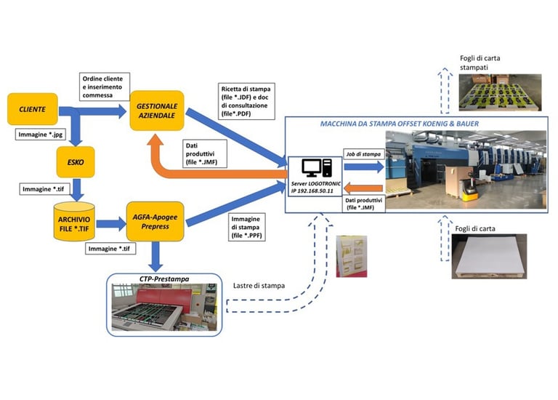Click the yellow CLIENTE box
click(x=33, y=109)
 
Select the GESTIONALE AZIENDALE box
click(x=157, y=111)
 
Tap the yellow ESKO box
click(x=76, y=162)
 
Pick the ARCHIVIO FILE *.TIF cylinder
click(x=74, y=222)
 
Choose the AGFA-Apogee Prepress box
click(x=155, y=222)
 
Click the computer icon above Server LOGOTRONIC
click(x=317, y=168)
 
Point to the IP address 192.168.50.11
click(x=312, y=191)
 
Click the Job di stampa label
click(x=363, y=154)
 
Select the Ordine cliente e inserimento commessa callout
click(x=105, y=87)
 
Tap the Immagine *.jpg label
click(x=41, y=135)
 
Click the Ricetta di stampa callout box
click(x=246, y=101)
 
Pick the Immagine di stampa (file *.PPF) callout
click(x=246, y=227)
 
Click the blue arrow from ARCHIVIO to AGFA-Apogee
click(x=111, y=224)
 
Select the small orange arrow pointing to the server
click(x=364, y=188)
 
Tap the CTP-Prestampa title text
click(x=164, y=279)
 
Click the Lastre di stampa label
click(x=259, y=286)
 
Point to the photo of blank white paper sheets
click(x=489, y=256)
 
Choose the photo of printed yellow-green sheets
click(x=500, y=92)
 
